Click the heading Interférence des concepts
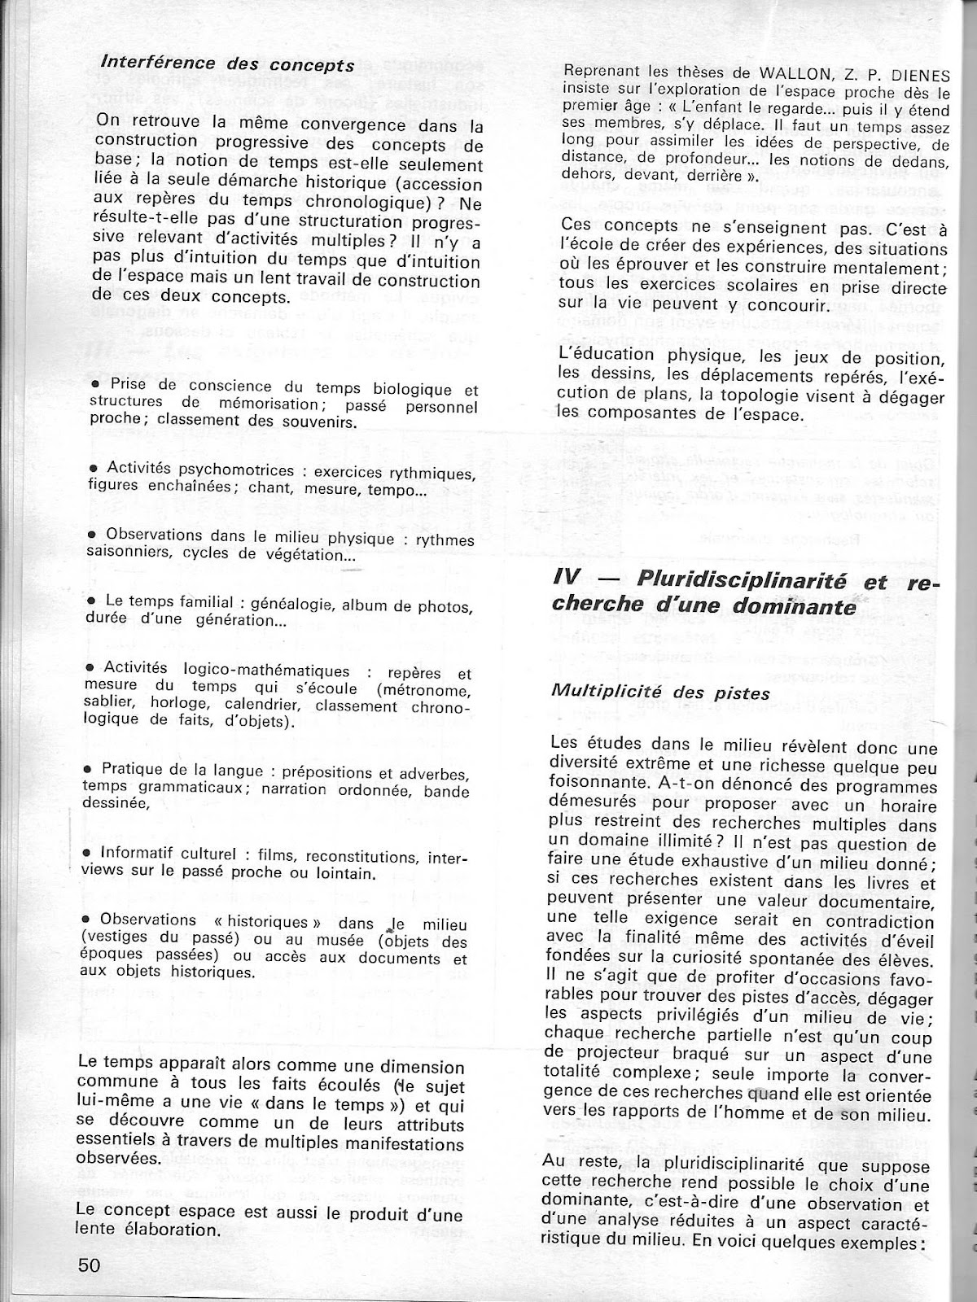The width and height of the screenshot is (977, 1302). pyautogui.click(x=227, y=63)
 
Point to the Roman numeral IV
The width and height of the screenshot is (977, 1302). pyautogui.click(x=565, y=579)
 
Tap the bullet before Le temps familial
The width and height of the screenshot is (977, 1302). pyautogui.click(x=93, y=601)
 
